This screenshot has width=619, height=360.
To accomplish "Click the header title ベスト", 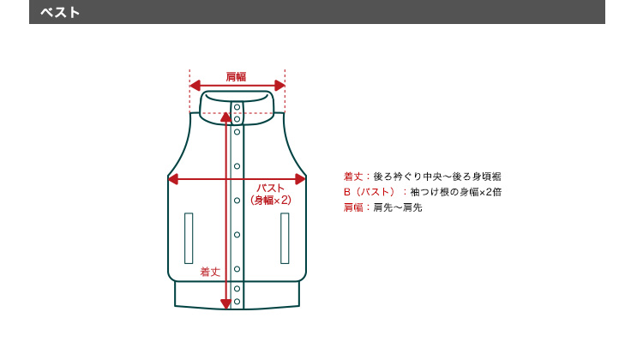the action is (x=60, y=12).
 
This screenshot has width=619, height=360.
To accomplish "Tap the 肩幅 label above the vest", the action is (x=236, y=76).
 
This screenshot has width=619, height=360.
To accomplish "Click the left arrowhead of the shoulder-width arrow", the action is (x=195, y=85).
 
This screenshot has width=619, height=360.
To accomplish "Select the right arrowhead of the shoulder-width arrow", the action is (x=279, y=85).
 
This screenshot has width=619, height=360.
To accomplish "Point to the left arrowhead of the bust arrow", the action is (x=173, y=179).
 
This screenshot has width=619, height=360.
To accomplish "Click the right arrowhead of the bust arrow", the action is (x=301, y=179).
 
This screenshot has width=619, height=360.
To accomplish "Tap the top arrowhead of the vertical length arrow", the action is (x=225, y=117).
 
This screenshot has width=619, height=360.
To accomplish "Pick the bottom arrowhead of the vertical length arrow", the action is (x=225, y=304).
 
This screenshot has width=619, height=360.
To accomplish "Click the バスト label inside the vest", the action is (x=271, y=188).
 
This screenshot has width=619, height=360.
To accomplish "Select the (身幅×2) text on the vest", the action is (x=271, y=200).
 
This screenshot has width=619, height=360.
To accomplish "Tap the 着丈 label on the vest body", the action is (x=210, y=272).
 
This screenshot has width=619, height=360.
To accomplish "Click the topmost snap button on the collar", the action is (x=237, y=107).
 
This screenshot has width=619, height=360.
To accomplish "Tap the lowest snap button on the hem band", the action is (x=237, y=302).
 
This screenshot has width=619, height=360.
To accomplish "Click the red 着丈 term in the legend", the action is (x=353, y=177).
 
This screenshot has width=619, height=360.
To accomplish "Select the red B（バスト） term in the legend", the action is (x=370, y=192).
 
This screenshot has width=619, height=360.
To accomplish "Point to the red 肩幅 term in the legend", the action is (x=353, y=207).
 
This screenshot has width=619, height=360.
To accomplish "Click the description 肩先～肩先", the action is (x=398, y=207).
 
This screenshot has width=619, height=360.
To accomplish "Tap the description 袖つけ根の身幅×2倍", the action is (x=456, y=192).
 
